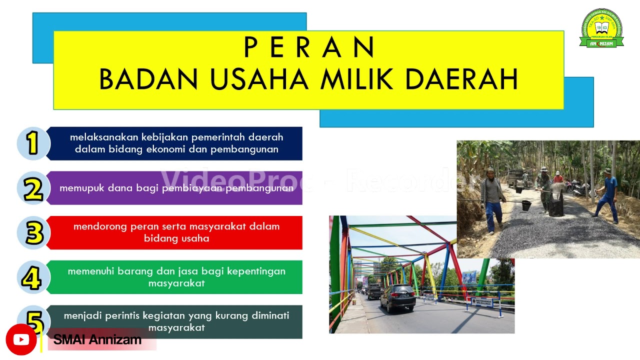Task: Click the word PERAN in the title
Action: [x=309, y=48]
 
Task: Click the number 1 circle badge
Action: [x=33, y=143]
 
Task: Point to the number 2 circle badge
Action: [x=33, y=188]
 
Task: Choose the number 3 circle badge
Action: [x=33, y=233]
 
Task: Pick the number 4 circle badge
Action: [x=33, y=277]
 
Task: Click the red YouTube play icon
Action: [x=21, y=340]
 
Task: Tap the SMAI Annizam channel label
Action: [x=97, y=340]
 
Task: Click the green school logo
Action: [x=601, y=28]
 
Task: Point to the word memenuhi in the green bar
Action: [x=90, y=271]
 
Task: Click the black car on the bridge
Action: [x=397, y=297]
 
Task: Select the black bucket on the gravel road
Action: [x=526, y=205]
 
